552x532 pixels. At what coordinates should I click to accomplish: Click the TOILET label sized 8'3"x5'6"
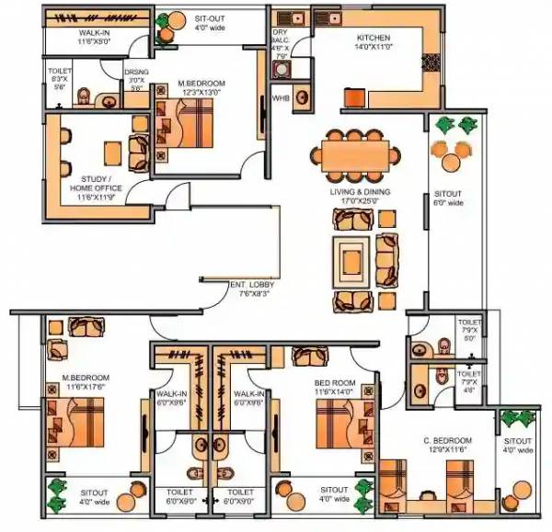tap(59, 72)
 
